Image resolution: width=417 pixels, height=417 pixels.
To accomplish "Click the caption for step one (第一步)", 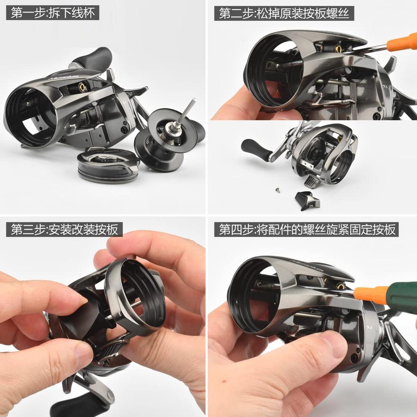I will click(53, 13).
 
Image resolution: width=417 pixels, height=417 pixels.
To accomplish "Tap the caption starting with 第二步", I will click(284, 13).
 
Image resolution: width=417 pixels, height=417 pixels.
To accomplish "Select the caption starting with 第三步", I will click(64, 229).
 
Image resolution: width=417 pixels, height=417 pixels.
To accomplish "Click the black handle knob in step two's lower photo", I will click(257, 150).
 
